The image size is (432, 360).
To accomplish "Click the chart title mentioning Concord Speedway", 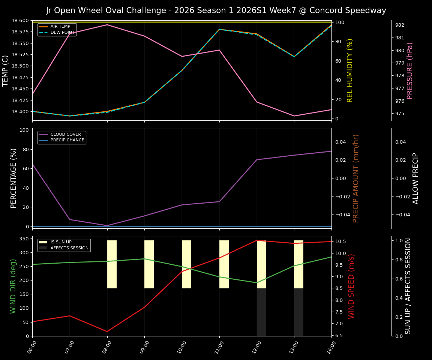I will click(216, 10).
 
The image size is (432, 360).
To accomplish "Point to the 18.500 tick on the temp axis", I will click(19, 66).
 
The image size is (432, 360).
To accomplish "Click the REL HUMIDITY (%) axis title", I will click(350, 70).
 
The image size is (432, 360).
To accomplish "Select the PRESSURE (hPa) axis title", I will click(410, 70).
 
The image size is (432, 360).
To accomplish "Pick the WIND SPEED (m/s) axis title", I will click(351, 286).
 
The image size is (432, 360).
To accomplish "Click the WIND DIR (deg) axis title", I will click(13, 286).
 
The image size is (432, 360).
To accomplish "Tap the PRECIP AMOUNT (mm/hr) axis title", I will click(356, 178).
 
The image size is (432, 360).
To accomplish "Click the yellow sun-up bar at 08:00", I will click(112, 264).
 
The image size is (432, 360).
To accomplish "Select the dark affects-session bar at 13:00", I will click(298, 312).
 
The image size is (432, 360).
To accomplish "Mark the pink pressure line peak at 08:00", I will click(107, 25).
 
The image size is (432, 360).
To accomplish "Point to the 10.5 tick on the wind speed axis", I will click(339, 241).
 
